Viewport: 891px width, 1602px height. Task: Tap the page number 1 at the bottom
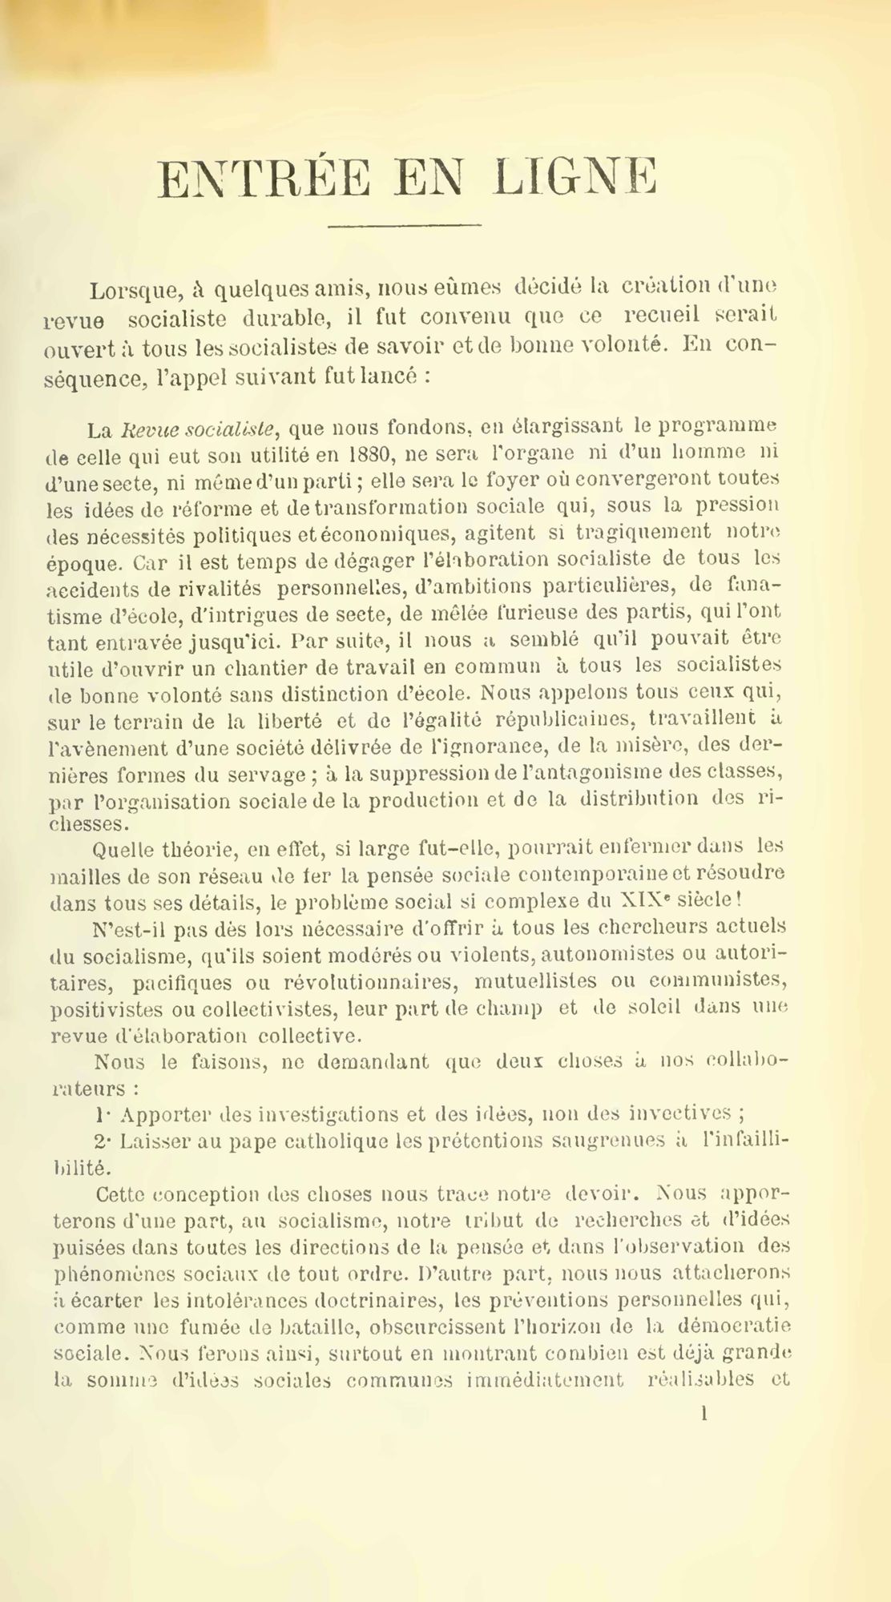point(704,1414)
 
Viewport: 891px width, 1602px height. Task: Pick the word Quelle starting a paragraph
point(122,846)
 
